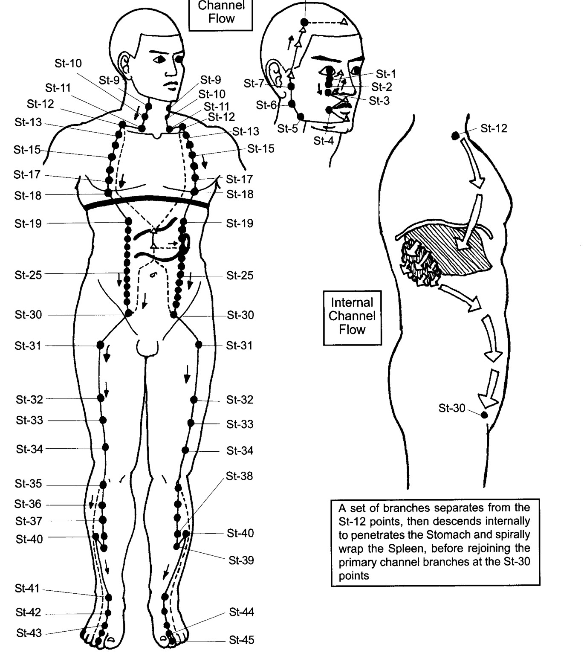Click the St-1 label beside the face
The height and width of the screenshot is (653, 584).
[386, 74]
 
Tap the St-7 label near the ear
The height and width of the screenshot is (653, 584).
[254, 84]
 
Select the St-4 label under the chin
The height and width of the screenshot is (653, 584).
[324, 141]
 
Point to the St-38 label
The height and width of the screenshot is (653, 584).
[239, 476]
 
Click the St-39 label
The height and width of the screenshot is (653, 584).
[241, 560]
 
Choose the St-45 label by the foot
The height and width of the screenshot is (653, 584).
[242, 640]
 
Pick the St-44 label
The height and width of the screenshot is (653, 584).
[242, 612]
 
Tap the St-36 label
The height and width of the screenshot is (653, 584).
[28, 504]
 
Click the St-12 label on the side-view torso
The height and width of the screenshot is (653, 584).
[494, 128]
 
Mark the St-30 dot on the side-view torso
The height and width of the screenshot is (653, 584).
[484, 415]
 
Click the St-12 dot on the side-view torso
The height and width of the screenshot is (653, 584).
[455, 136]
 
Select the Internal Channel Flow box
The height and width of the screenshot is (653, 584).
[352, 318]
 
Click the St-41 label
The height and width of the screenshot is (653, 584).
[27, 589]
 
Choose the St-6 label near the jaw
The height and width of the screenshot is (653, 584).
[266, 105]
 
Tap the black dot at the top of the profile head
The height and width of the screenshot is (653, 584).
[304, 22]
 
